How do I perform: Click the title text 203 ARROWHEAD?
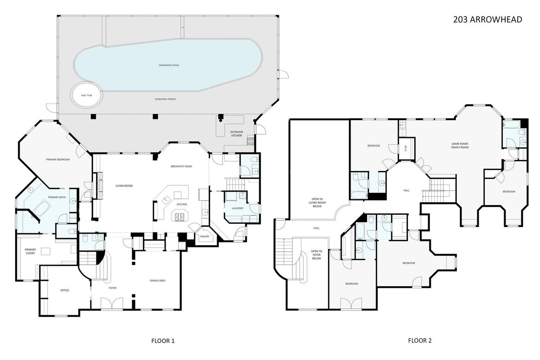click(487, 19)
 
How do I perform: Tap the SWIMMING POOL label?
click(169, 65)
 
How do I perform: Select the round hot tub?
click(86, 95)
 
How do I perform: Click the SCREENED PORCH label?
click(165, 99)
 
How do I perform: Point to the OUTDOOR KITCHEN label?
click(236, 133)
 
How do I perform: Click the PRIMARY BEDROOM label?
click(58, 159)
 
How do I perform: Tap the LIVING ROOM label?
click(124, 185)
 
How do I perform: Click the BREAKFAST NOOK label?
click(181, 167)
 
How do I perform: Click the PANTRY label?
click(205, 236)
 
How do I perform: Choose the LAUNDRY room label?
click(237, 208)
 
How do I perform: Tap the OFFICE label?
click(64, 290)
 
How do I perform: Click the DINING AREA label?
click(158, 281)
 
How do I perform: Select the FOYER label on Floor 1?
click(112, 288)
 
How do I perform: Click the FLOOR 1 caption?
click(163, 341)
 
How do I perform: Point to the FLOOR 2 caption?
click(420, 341)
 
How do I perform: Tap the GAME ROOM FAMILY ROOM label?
click(460, 146)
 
